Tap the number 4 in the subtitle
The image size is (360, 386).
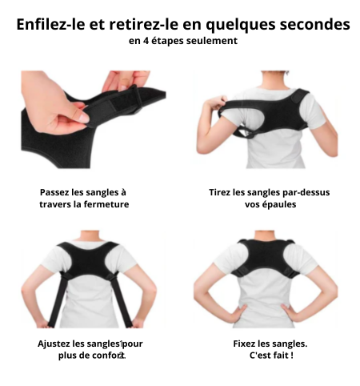coord(146,41)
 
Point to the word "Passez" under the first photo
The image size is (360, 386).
coord(54,192)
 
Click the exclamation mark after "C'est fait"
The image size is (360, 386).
coord(292,356)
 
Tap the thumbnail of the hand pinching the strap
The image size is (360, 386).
coord(94,119)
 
